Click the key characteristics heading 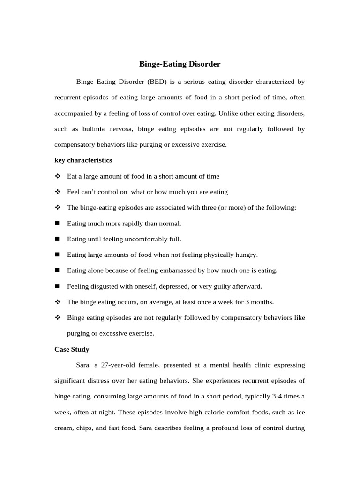(83, 160)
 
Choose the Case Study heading (72, 349)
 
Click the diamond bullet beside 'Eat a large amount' (58, 176)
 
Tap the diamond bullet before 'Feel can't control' (58, 192)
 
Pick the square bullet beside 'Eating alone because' (58, 270)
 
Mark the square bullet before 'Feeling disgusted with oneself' (58, 286)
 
